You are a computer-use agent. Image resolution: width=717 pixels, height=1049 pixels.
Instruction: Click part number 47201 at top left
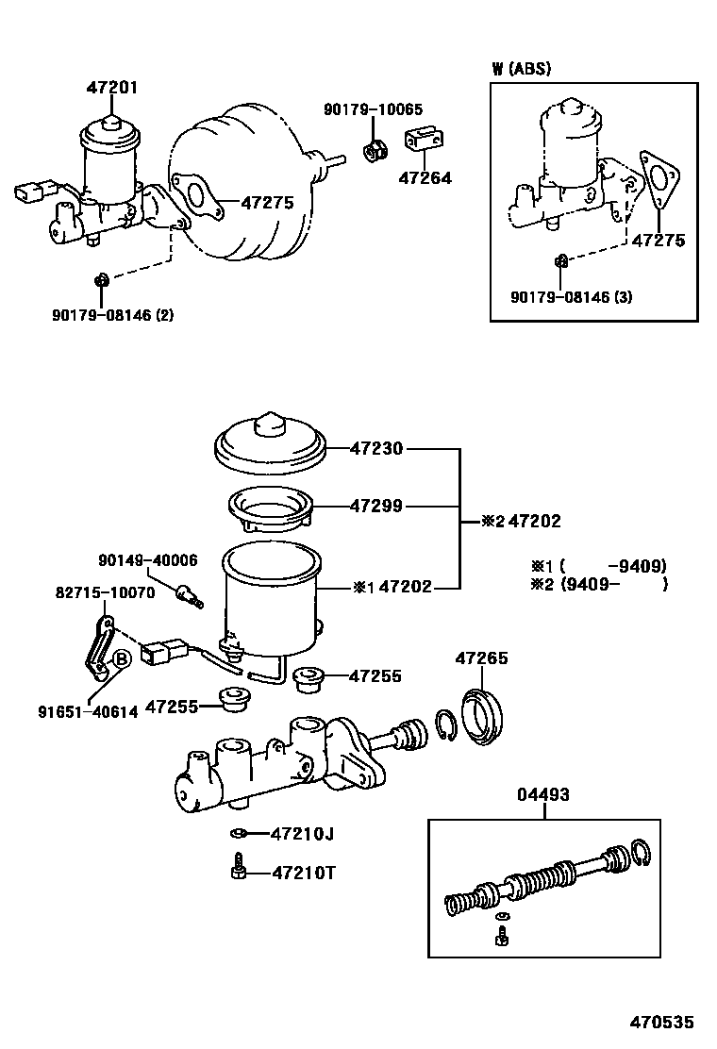tap(111, 88)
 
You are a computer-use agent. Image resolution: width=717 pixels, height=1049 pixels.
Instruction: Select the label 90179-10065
tap(374, 109)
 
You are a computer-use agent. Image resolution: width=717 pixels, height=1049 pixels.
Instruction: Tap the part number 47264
tap(425, 178)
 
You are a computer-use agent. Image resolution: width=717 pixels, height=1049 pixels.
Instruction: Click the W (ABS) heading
tap(521, 68)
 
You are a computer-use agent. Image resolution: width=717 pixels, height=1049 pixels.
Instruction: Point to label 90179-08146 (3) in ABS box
tap(571, 297)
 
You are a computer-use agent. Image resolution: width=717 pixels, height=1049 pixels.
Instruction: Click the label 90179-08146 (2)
tap(112, 314)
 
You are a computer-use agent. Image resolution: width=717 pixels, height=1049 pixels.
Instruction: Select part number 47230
tap(376, 449)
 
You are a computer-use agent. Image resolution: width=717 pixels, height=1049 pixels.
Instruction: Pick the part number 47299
tap(376, 507)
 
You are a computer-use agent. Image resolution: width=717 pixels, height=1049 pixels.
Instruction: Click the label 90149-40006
tap(148, 560)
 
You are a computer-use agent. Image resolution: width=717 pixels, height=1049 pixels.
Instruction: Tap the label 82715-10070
tap(105, 592)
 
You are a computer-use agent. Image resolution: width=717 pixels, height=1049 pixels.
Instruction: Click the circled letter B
tap(121, 659)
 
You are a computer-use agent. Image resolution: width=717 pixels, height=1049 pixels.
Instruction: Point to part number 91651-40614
tap(88, 712)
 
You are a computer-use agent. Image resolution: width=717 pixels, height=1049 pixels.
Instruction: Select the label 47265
tap(481, 658)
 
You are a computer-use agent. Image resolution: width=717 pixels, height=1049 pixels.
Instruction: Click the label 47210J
tap(302, 834)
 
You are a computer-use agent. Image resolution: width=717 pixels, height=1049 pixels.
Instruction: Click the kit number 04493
tap(543, 795)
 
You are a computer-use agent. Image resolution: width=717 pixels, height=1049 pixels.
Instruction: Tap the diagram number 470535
tap(661, 1023)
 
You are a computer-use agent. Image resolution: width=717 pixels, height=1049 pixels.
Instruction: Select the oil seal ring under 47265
tap(484, 716)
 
